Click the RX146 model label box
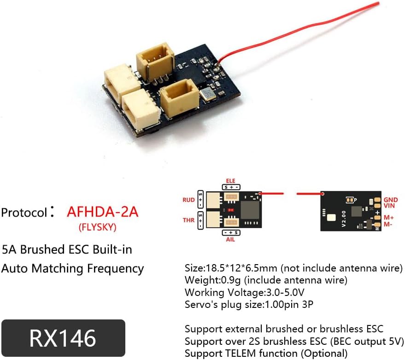(x=63, y=338)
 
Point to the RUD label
(x=188, y=200)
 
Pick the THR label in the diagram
(x=188, y=220)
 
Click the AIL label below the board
(x=230, y=240)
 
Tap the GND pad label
(x=390, y=200)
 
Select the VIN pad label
(x=389, y=206)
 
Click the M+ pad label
(x=389, y=217)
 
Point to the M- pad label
(x=388, y=224)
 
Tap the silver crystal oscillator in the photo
(x=205, y=94)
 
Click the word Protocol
(x=24, y=212)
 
